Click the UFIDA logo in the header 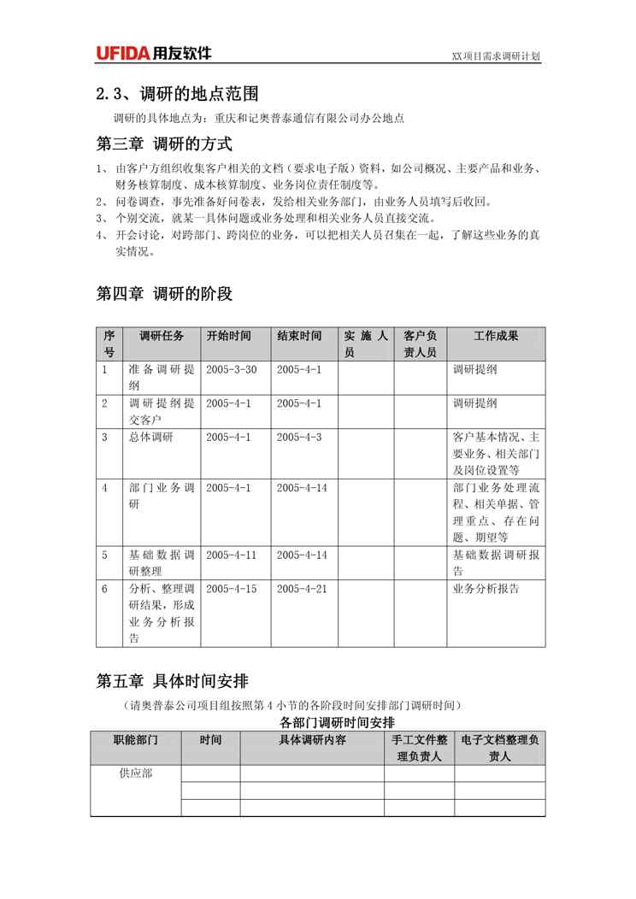click(153, 54)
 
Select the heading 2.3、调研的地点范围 click(177, 93)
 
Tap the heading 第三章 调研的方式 click(164, 144)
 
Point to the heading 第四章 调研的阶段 click(164, 294)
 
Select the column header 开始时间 click(229, 336)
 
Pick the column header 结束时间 click(299, 336)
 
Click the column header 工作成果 click(497, 336)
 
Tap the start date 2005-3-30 click(231, 370)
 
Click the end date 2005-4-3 click(299, 438)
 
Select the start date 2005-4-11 click(231, 555)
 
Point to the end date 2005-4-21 click(302, 589)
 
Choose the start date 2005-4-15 click(231, 589)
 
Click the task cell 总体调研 click(150, 438)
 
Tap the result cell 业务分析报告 click(486, 589)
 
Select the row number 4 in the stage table click(105, 488)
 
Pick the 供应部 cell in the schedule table click(136, 773)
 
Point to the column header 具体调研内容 click(312, 740)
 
